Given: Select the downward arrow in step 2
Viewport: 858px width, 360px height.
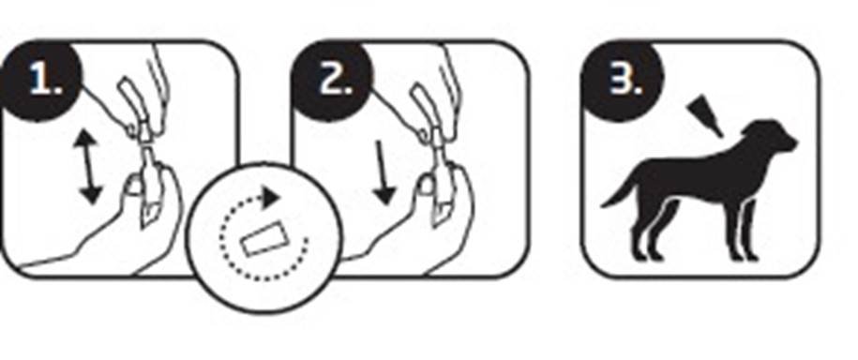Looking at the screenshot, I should (384, 173).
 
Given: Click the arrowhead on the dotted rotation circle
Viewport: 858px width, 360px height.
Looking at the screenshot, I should (271, 198).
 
